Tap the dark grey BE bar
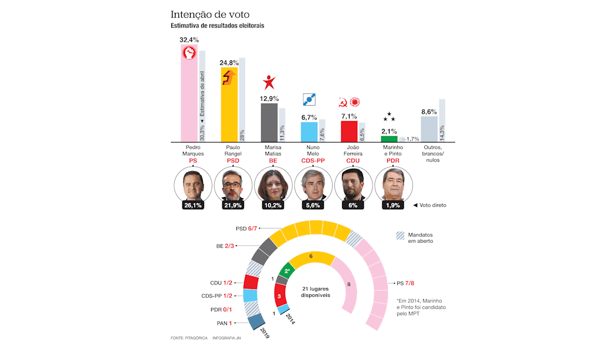click(x=269, y=122)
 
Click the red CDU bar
click(x=349, y=131)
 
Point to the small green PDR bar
click(x=389, y=138)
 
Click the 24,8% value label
click(x=229, y=62)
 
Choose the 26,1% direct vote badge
click(x=192, y=205)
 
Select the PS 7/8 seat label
click(x=409, y=284)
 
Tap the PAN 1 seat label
click(x=222, y=322)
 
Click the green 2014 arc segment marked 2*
click(x=287, y=271)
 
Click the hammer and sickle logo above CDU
click(x=342, y=102)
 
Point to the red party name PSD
click(x=232, y=160)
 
